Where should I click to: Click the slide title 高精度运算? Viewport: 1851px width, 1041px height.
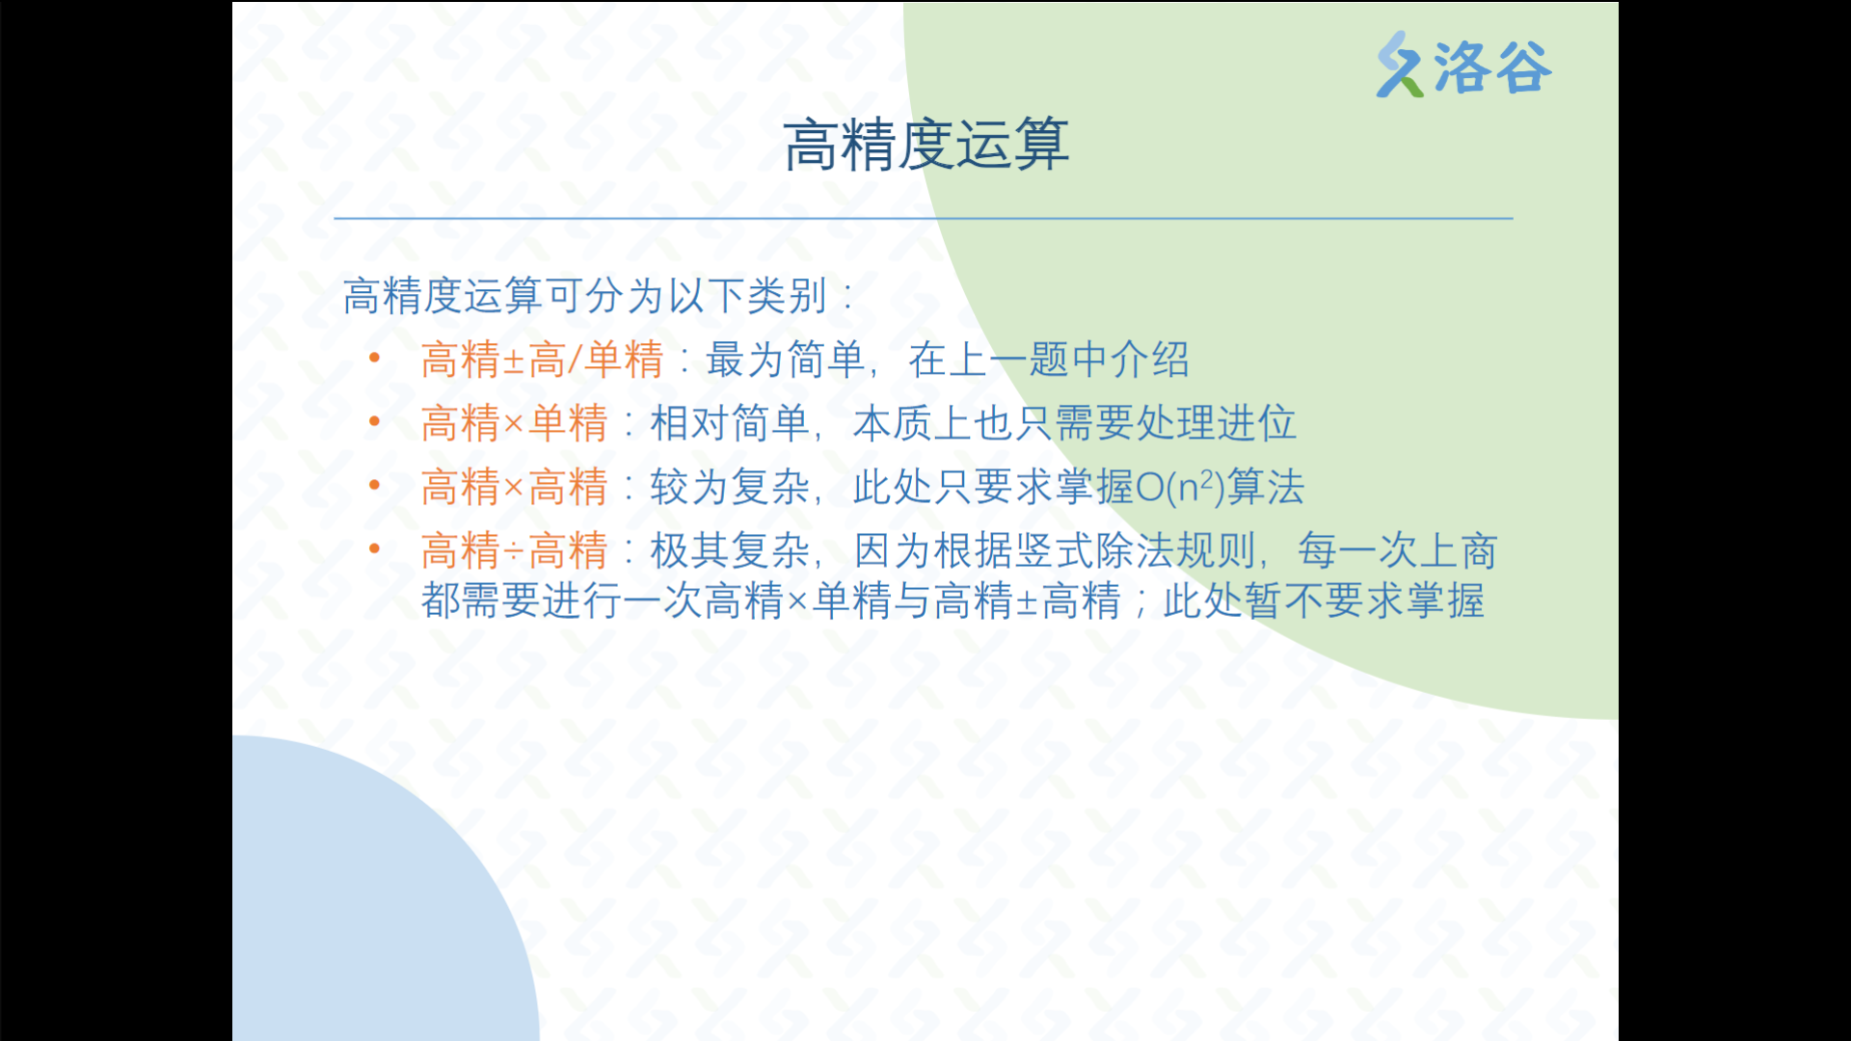pyautogui.click(x=925, y=146)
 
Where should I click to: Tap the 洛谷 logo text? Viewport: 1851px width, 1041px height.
pyautogui.click(x=1492, y=67)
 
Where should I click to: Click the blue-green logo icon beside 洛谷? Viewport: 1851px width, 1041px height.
pyautogui.click(x=1400, y=65)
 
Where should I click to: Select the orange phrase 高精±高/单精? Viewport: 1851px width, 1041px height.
pyautogui.click(x=543, y=360)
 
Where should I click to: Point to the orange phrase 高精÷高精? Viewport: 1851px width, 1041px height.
pyautogui.click(x=515, y=551)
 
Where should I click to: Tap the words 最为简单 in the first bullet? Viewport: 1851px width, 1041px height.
pyautogui.click(x=786, y=360)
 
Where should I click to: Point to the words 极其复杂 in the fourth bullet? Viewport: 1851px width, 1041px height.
pyautogui.click(x=730, y=551)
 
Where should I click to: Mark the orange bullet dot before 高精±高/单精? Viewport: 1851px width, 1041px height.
pyautogui.click(x=375, y=359)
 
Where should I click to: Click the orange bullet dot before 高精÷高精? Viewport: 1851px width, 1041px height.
pyautogui.click(x=375, y=549)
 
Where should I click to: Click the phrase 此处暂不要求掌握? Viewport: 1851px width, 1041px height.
pyautogui.click(x=1324, y=601)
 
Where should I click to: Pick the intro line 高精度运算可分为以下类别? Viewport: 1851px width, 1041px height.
pyautogui.click(x=585, y=296)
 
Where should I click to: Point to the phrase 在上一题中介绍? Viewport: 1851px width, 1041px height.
pyautogui.click(x=1049, y=360)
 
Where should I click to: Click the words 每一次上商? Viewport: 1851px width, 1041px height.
pyautogui.click(x=1398, y=551)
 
